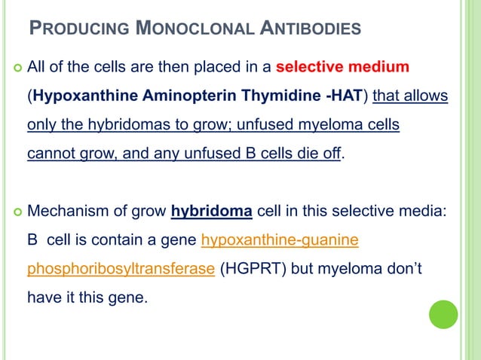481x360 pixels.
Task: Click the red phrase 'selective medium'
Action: (343, 69)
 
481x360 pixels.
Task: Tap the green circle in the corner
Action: (443, 314)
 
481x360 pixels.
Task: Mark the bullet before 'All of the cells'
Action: (13, 69)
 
